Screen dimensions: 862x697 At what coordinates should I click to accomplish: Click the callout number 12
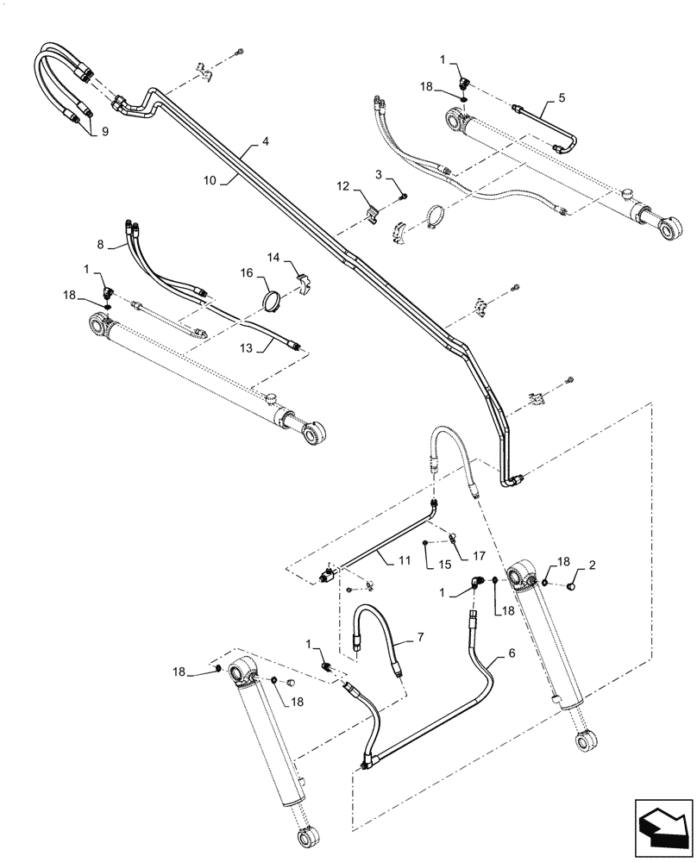coord(343,186)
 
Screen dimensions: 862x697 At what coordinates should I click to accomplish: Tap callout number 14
coord(272,258)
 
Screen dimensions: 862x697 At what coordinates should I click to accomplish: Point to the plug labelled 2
coord(572,586)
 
